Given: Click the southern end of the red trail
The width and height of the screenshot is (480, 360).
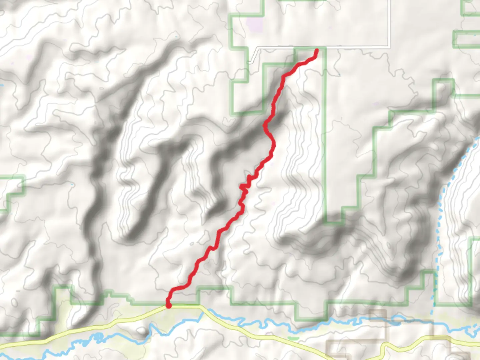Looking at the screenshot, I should [x=169, y=305].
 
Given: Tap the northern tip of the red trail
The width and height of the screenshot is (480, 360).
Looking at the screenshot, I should [x=317, y=50].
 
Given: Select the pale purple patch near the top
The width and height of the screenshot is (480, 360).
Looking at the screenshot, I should [x=254, y=24].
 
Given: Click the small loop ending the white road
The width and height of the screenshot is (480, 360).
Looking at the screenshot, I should [x=249, y=62].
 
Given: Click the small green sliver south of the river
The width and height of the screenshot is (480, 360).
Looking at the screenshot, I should [x=293, y=338].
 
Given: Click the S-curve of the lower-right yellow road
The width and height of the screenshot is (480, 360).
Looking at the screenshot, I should [x=383, y=348].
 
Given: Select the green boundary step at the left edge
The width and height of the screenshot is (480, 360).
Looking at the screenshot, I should [x=13, y=193].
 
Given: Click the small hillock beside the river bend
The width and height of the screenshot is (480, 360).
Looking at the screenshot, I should [x=142, y=331].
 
